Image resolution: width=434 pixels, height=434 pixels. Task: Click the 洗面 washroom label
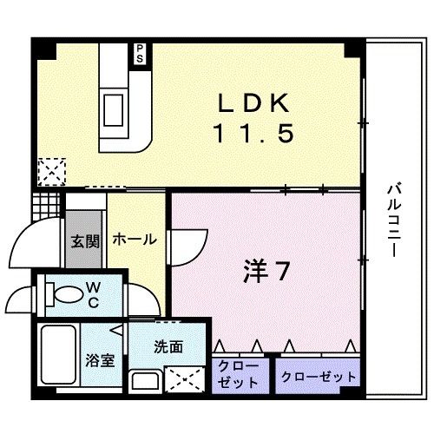168,346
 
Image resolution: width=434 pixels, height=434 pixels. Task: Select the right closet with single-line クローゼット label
319,377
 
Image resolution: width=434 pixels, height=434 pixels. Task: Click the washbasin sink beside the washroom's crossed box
143,380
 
